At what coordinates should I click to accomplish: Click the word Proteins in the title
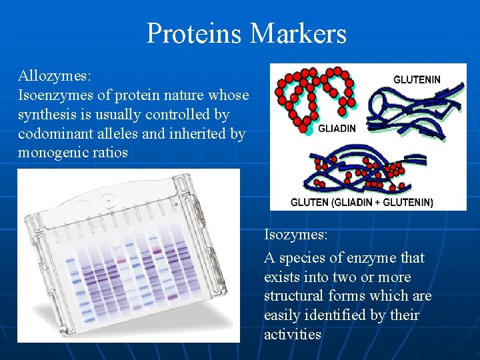(193, 33)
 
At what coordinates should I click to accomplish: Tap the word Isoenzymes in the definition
(51, 95)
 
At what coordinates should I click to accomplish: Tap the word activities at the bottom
(293, 335)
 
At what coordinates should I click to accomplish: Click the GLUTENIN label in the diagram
(417, 79)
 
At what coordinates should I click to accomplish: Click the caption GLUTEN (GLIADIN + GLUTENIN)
(361, 202)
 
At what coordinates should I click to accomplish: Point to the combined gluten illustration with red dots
(360, 170)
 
